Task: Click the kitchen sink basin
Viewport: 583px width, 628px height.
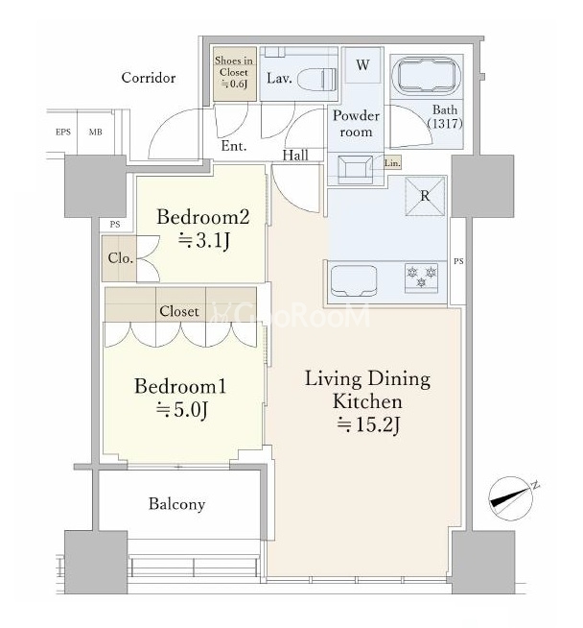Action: pos(354,280)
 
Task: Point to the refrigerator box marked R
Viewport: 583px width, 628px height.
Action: pos(425,196)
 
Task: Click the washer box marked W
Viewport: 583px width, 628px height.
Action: pos(362,65)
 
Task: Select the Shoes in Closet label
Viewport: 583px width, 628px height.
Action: pos(234,72)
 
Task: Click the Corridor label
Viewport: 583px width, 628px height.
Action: pos(149,78)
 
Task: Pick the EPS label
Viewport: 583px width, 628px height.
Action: pos(63,132)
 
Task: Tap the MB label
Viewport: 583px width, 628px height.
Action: pos(96,132)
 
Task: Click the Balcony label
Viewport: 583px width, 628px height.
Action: pos(176,504)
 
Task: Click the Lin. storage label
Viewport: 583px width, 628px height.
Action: pos(392,163)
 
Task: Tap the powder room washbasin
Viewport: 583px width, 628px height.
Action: pos(355,169)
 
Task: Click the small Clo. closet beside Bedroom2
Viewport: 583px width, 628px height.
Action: pos(119,258)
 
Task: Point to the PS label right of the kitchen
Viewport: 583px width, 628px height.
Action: pos(458,261)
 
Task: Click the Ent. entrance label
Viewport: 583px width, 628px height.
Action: pos(234,146)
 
